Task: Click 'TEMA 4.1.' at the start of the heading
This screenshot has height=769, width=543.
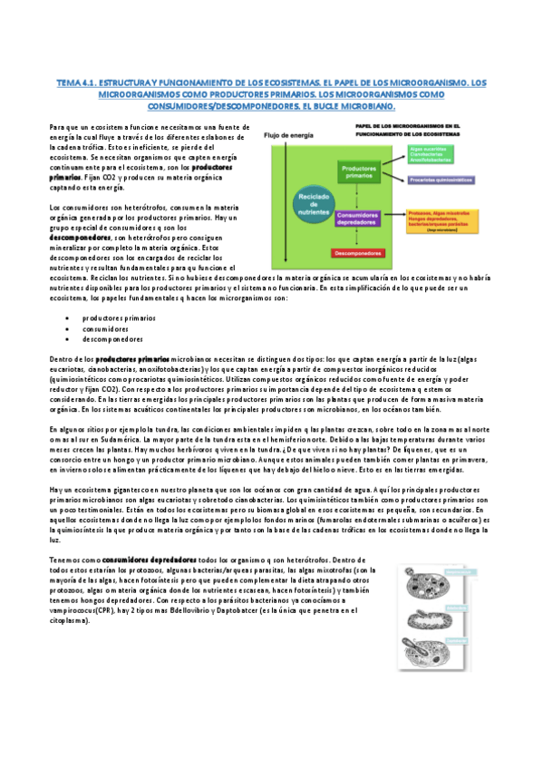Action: point(73,82)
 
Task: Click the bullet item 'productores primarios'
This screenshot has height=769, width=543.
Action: point(118,318)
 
